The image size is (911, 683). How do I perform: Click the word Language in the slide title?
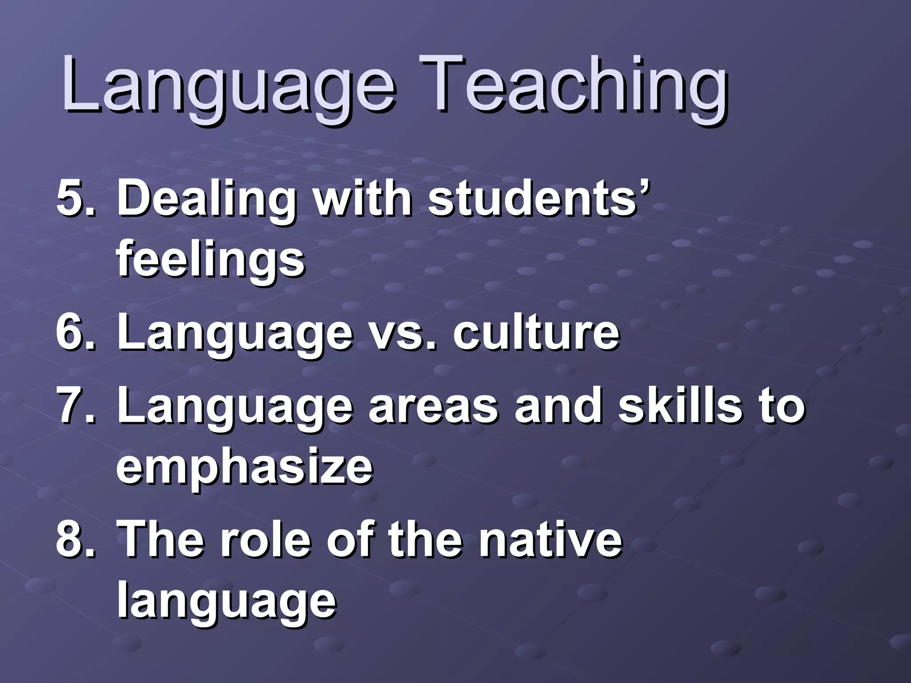227,87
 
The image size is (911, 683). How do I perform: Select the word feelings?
210,260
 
